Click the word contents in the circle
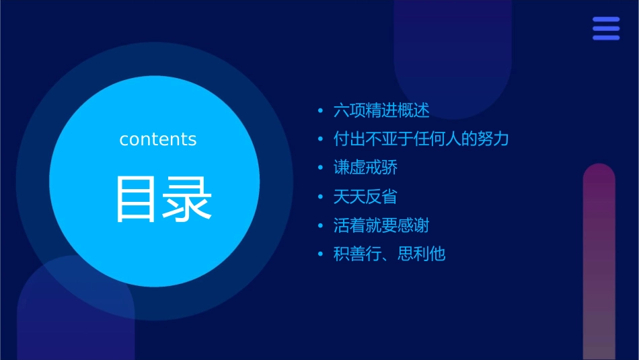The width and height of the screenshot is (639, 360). [x=158, y=139]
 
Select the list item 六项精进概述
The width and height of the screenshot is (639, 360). [x=381, y=110]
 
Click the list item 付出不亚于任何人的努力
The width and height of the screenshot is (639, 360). [x=421, y=139]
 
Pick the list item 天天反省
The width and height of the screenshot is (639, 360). [x=365, y=196]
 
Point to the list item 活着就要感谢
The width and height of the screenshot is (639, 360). [x=381, y=225]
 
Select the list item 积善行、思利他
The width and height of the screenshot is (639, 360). [x=389, y=254]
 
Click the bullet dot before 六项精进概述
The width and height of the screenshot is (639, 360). [x=321, y=110]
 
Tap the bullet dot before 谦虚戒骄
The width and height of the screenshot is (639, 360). [x=321, y=168]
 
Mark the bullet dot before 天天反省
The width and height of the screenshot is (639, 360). [x=321, y=197]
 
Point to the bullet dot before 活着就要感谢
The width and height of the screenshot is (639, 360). [x=321, y=226]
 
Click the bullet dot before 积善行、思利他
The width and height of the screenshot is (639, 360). [x=321, y=255]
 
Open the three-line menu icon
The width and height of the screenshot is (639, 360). [x=606, y=28]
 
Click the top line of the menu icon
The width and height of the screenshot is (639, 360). [x=606, y=20]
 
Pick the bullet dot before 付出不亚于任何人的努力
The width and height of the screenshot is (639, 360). [x=321, y=139]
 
